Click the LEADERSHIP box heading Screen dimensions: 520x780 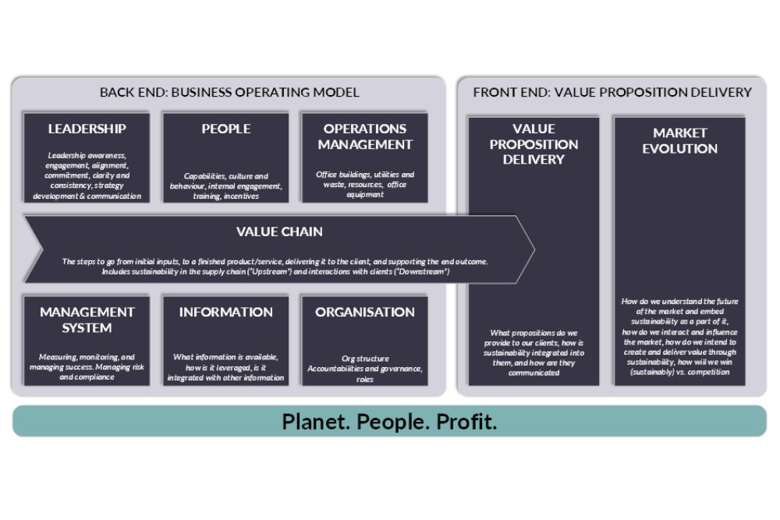point(87,129)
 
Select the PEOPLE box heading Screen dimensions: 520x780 point(225,129)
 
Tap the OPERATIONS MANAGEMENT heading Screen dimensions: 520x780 point(364,136)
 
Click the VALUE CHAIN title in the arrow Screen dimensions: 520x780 point(279,232)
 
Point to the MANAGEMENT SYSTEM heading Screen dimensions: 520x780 point(87,320)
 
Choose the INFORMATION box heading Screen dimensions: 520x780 point(225,312)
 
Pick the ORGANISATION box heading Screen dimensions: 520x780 point(364,312)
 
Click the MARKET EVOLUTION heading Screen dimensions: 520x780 point(679,140)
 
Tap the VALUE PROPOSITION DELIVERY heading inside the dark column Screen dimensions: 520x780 point(534,144)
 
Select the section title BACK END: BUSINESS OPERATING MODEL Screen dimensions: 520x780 point(229,92)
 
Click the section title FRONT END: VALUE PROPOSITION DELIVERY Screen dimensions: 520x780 point(612,92)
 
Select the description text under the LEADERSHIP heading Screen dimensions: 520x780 point(87,175)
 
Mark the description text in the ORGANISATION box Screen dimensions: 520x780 point(364,369)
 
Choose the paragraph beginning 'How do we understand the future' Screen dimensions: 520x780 point(679,336)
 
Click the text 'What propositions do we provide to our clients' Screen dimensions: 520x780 point(534,352)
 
